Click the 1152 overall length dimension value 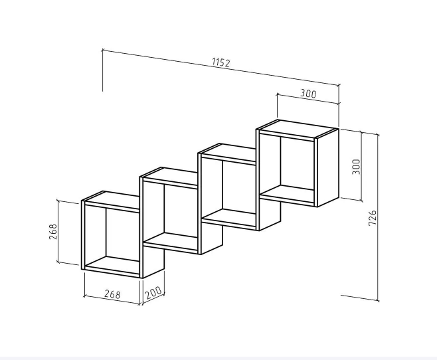tap(221, 62)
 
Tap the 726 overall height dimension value tap(373, 218)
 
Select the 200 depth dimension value tap(153, 292)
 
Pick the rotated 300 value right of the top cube tap(356, 167)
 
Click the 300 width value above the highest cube tap(308, 94)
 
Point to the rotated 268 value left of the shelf tap(53, 232)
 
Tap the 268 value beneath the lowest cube tap(112, 294)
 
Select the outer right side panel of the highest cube tap(328, 168)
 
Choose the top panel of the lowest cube tap(112, 199)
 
